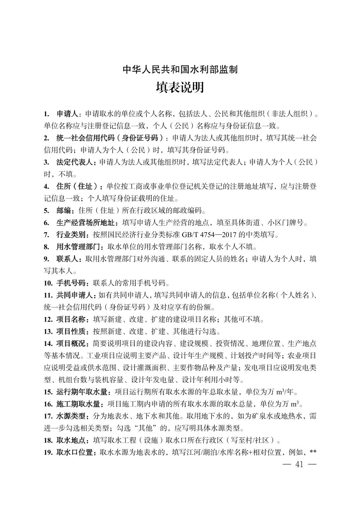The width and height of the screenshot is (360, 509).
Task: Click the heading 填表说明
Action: point(180,88)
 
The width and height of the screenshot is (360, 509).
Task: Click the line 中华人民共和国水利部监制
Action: point(180,70)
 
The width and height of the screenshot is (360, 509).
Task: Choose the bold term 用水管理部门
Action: point(78,247)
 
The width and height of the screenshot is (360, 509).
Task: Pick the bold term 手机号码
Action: point(71,283)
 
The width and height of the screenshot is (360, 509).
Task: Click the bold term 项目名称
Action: point(71,319)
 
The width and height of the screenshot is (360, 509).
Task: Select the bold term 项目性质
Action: point(71,332)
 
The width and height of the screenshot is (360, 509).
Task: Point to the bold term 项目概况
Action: point(71,344)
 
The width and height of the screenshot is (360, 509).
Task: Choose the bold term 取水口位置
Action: point(74,452)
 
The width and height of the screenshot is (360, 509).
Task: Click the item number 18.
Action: point(48,440)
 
